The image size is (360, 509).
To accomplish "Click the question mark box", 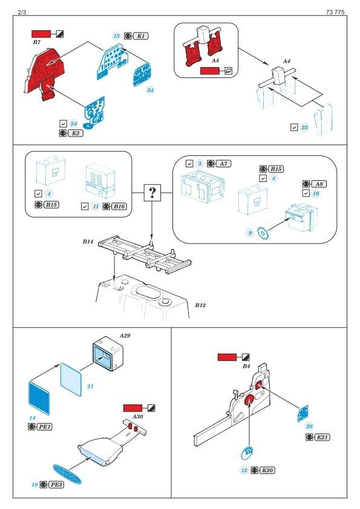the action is (152, 193).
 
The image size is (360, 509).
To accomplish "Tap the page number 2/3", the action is (22, 12).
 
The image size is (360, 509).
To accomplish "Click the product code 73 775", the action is (335, 12).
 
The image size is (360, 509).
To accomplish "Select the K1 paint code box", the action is (141, 36).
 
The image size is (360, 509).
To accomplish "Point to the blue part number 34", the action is (150, 90).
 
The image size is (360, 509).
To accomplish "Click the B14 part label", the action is (88, 242).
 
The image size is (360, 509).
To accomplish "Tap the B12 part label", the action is (200, 305).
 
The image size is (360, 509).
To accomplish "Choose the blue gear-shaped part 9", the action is (263, 233).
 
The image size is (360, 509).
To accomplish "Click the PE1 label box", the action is (45, 427).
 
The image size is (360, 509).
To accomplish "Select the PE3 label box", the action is (56, 485).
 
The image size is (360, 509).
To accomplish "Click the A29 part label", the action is (125, 336).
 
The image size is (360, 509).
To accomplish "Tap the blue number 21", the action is (90, 386).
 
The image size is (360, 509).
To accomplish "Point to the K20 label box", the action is (267, 470).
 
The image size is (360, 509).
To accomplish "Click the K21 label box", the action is (322, 437).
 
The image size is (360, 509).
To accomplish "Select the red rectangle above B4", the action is (227, 357).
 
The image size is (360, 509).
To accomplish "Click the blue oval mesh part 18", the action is (67, 475).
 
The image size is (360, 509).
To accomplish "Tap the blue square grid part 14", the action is (39, 398).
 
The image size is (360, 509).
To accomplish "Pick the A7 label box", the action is (223, 164).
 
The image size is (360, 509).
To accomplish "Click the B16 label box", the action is (119, 207).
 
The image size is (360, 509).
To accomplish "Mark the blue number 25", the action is (304, 127).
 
